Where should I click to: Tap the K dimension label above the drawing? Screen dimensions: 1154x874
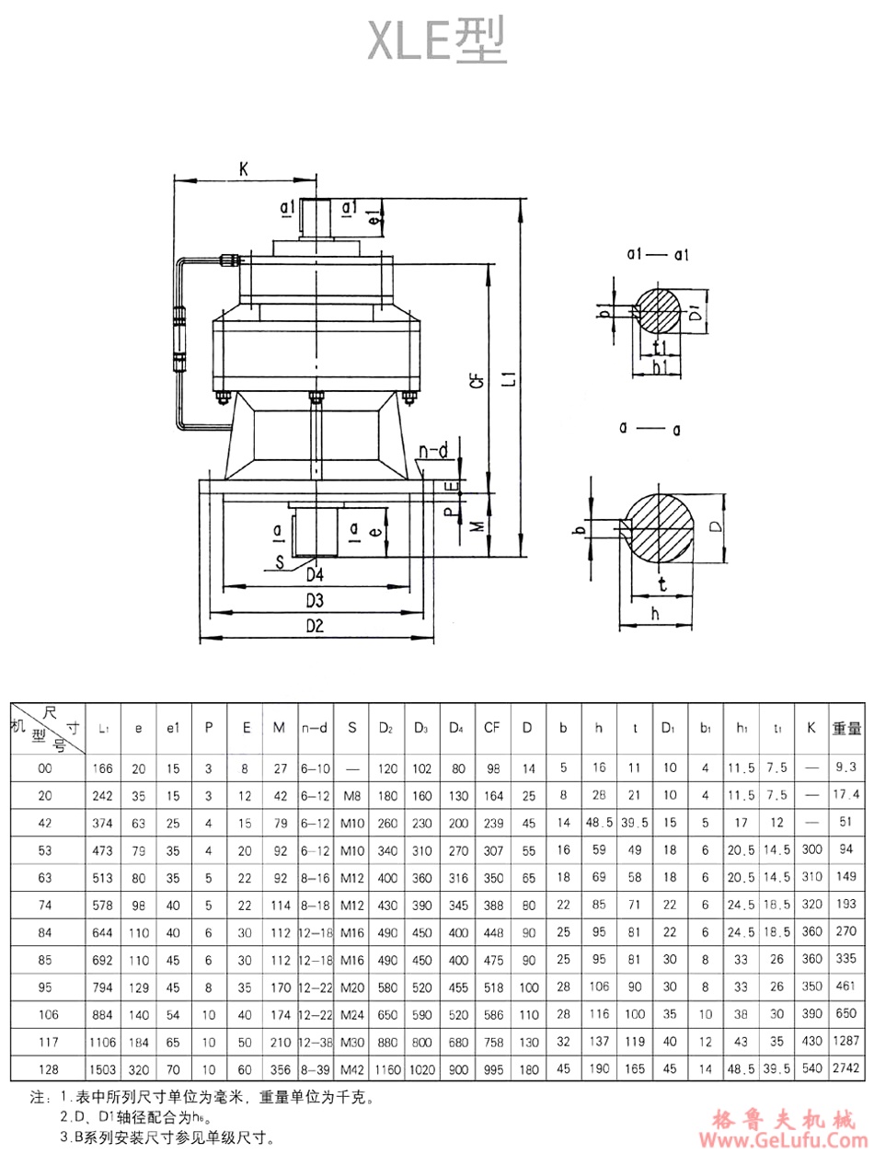pyautogui.click(x=243, y=169)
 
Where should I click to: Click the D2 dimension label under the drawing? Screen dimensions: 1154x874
pyautogui.click(x=315, y=627)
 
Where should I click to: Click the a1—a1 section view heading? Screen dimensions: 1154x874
pyautogui.click(x=659, y=255)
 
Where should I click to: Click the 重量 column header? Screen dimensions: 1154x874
pyautogui.click(x=846, y=727)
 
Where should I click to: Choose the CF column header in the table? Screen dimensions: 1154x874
pyautogui.click(x=492, y=727)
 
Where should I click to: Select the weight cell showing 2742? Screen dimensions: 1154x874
pyautogui.click(x=846, y=1071)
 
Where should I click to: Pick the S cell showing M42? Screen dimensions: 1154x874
pyautogui.click(x=351, y=1071)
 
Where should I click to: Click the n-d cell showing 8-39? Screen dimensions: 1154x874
pyautogui.click(x=316, y=1071)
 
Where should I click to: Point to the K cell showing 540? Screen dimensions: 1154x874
pyautogui.click(x=811, y=1071)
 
